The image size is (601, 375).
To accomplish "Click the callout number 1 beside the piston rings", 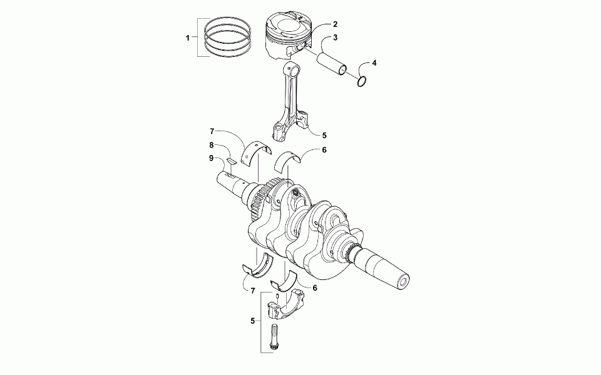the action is tap(187, 38).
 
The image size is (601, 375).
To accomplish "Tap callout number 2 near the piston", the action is tap(335, 24).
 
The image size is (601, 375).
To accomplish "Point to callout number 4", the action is tap(374, 62).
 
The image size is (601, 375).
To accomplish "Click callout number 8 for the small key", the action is tap(211, 145).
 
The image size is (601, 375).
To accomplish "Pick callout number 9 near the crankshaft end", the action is tap(211, 158).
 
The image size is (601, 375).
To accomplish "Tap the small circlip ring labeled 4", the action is tap(361, 81).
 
